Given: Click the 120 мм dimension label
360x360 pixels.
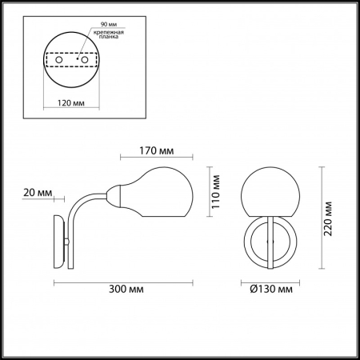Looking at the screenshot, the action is pyautogui.click(x=71, y=102).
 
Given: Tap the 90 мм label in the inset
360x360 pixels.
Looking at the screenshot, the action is pyautogui.click(x=109, y=24).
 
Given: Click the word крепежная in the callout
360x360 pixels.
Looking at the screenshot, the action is pyautogui.click(x=108, y=32).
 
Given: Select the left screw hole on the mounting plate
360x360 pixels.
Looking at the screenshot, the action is pyautogui.click(x=59, y=60).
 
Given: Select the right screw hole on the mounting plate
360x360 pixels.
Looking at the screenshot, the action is pyautogui.click(x=85, y=60).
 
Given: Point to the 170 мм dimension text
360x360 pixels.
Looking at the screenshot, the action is pyautogui.click(x=157, y=151).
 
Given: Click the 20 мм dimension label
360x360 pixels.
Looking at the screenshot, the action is pyautogui.click(x=38, y=193).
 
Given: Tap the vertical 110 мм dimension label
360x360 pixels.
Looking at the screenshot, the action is pyautogui.click(x=215, y=192).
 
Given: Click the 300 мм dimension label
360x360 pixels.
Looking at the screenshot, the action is pyautogui.click(x=126, y=289).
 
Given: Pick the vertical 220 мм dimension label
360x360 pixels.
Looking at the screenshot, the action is pyautogui.click(x=328, y=218).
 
